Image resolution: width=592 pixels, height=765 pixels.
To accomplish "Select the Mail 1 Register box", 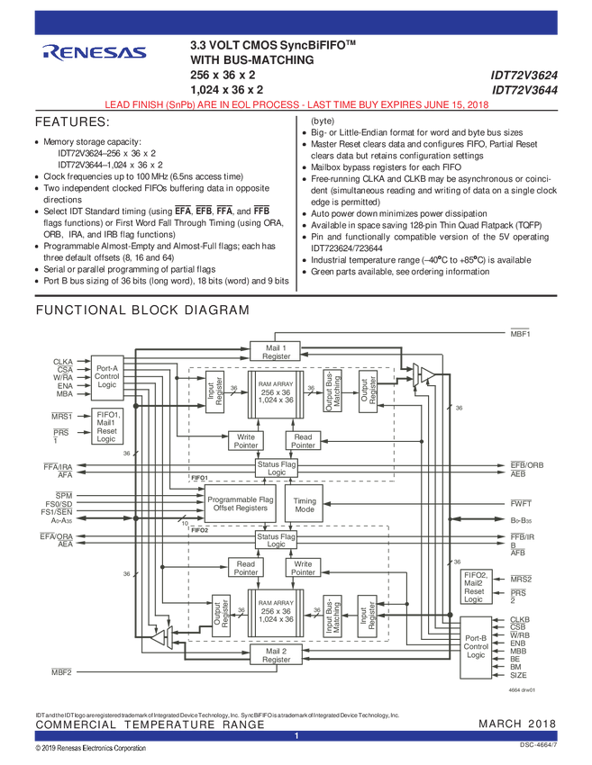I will [276, 352].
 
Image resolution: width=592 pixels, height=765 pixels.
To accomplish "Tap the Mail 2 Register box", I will [276, 654].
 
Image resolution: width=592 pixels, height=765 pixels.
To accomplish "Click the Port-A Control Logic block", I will [107, 377].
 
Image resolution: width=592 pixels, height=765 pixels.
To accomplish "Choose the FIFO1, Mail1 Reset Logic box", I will [107, 427].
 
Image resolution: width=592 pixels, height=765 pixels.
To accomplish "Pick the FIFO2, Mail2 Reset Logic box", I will [474, 587].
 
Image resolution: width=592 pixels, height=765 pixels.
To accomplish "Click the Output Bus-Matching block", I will [331, 391].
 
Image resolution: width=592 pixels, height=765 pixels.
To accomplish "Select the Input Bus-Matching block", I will [331, 616].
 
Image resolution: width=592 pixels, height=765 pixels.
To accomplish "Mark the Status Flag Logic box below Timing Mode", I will [276, 540].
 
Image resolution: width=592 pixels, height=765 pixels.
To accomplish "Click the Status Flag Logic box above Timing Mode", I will [276, 468].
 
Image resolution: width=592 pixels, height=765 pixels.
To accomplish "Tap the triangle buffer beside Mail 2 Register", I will [161, 638].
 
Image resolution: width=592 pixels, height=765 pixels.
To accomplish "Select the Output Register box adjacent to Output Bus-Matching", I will [366, 391].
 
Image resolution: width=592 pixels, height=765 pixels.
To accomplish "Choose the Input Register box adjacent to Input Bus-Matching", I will [366, 616].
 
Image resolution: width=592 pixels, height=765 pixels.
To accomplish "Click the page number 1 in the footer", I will [296, 736].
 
